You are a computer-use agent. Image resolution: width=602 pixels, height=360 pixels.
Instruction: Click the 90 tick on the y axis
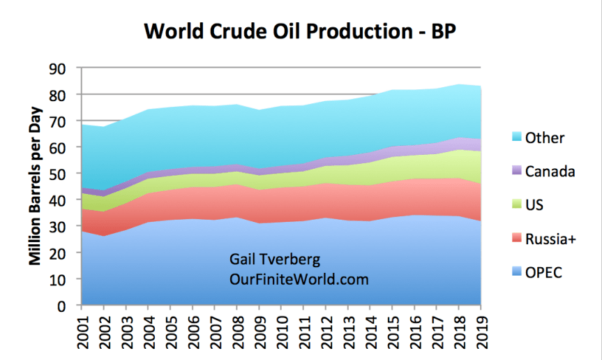pos(64,68)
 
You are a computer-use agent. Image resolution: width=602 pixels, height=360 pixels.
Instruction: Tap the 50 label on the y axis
pos(64,174)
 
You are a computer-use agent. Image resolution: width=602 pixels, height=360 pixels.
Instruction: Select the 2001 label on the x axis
pos(82,331)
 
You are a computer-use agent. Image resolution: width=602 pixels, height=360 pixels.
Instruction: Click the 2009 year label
pos(259,331)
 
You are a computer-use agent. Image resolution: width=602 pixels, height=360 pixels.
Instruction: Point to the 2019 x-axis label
pos(481,331)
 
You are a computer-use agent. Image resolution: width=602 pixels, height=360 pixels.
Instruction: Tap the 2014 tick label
pos(370,331)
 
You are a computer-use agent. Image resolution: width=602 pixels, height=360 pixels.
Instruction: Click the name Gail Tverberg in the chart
pos(275,260)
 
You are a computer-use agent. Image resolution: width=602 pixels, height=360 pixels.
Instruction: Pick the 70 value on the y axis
pos(64,121)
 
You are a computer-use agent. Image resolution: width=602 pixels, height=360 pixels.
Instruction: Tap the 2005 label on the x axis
pos(170,331)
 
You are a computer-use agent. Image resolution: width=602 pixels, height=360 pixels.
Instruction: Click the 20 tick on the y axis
pos(64,253)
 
